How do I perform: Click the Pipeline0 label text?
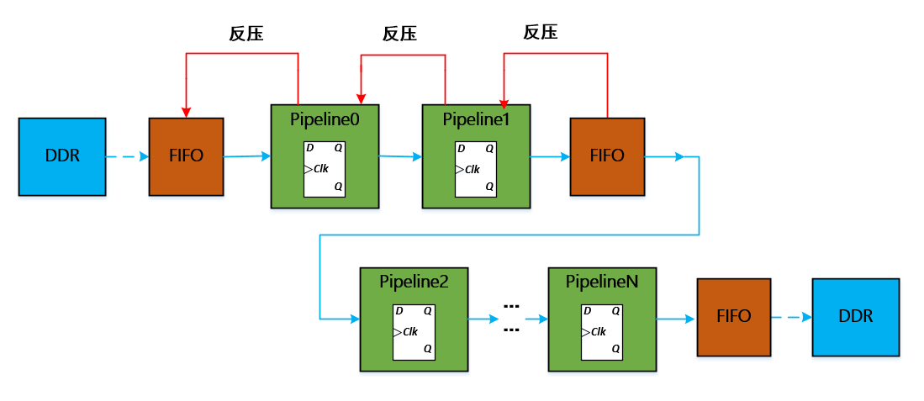click(x=325, y=119)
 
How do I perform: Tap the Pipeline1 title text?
click(x=476, y=119)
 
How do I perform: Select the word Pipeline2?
click(x=414, y=282)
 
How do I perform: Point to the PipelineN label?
click(x=601, y=282)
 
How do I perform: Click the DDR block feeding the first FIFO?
click(x=62, y=157)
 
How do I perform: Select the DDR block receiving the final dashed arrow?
click(x=856, y=317)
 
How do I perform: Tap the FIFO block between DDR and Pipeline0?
click(x=186, y=156)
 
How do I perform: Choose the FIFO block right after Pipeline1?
click(x=607, y=156)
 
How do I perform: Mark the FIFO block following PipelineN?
click(x=734, y=317)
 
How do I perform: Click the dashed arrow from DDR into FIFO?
click(x=127, y=157)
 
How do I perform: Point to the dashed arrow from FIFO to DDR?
click(x=791, y=318)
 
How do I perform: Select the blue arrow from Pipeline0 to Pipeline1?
click(x=400, y=156)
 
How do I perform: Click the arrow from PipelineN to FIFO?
click(x=676, y=319)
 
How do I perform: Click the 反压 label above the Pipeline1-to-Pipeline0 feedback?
click(x=399, y=34)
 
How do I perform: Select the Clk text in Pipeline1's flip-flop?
click(x=472, y=169)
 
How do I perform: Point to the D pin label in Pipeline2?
click(x=399, y=310)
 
